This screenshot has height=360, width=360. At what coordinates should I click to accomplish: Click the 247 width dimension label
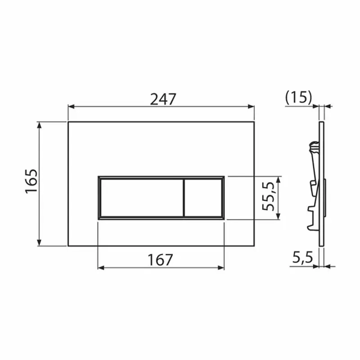[x=162, y=99]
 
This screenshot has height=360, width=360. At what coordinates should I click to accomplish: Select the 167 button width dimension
[x=160, y=260]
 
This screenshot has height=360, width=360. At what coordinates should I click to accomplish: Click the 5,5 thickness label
[x=302, y=258]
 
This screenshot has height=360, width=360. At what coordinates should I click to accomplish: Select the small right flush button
[x=203, y=198]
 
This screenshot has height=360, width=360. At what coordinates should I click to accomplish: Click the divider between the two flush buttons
[x=184, y=198]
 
